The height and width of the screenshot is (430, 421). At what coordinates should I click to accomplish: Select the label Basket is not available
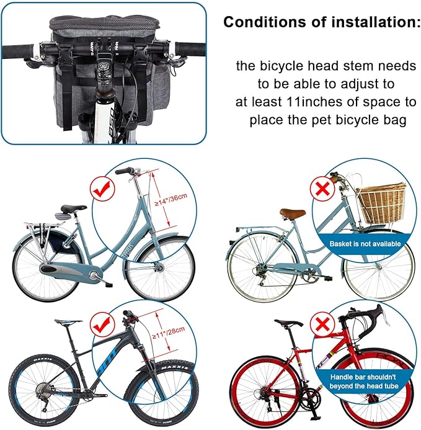365,244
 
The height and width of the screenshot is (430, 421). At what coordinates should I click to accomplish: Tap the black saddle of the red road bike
288,323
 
